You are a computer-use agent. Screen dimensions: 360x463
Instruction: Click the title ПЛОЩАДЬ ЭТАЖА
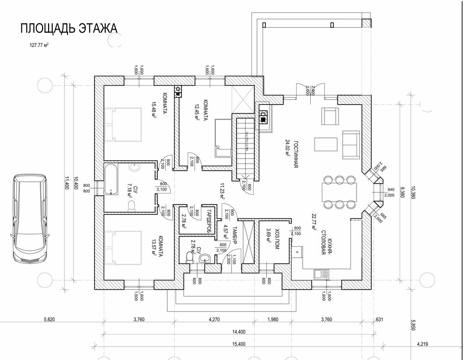click(x=68, y=28)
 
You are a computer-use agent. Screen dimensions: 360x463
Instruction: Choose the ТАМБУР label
click(x=234, y=237)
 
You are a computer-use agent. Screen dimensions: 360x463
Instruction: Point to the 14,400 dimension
click(x=240, y=332)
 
